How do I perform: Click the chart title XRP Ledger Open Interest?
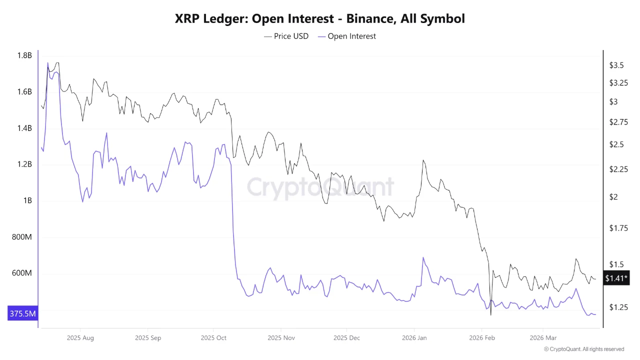pos(320,19)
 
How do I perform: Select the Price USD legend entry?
pos(286,36)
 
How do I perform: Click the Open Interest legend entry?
pos(346,36)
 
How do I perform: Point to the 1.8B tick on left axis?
pos(24,55)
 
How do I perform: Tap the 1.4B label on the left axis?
pos(24,128)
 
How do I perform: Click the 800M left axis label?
pos(22,237)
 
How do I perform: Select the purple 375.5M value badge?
pos(22,314)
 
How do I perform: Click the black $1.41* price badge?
pos(616,278)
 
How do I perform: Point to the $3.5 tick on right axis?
pos(616,65)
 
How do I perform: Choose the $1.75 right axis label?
pos(618,228)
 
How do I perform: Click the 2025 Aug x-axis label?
pos(80,338)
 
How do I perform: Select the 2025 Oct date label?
pos(213,338)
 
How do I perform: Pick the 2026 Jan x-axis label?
pos(414,338)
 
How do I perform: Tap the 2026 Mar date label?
pos(543,338)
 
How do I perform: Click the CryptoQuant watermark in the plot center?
pos(320,187)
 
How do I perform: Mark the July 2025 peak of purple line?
pos(48,63)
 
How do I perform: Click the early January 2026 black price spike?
pos(423,160)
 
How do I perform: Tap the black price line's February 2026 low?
pos(491,314)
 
